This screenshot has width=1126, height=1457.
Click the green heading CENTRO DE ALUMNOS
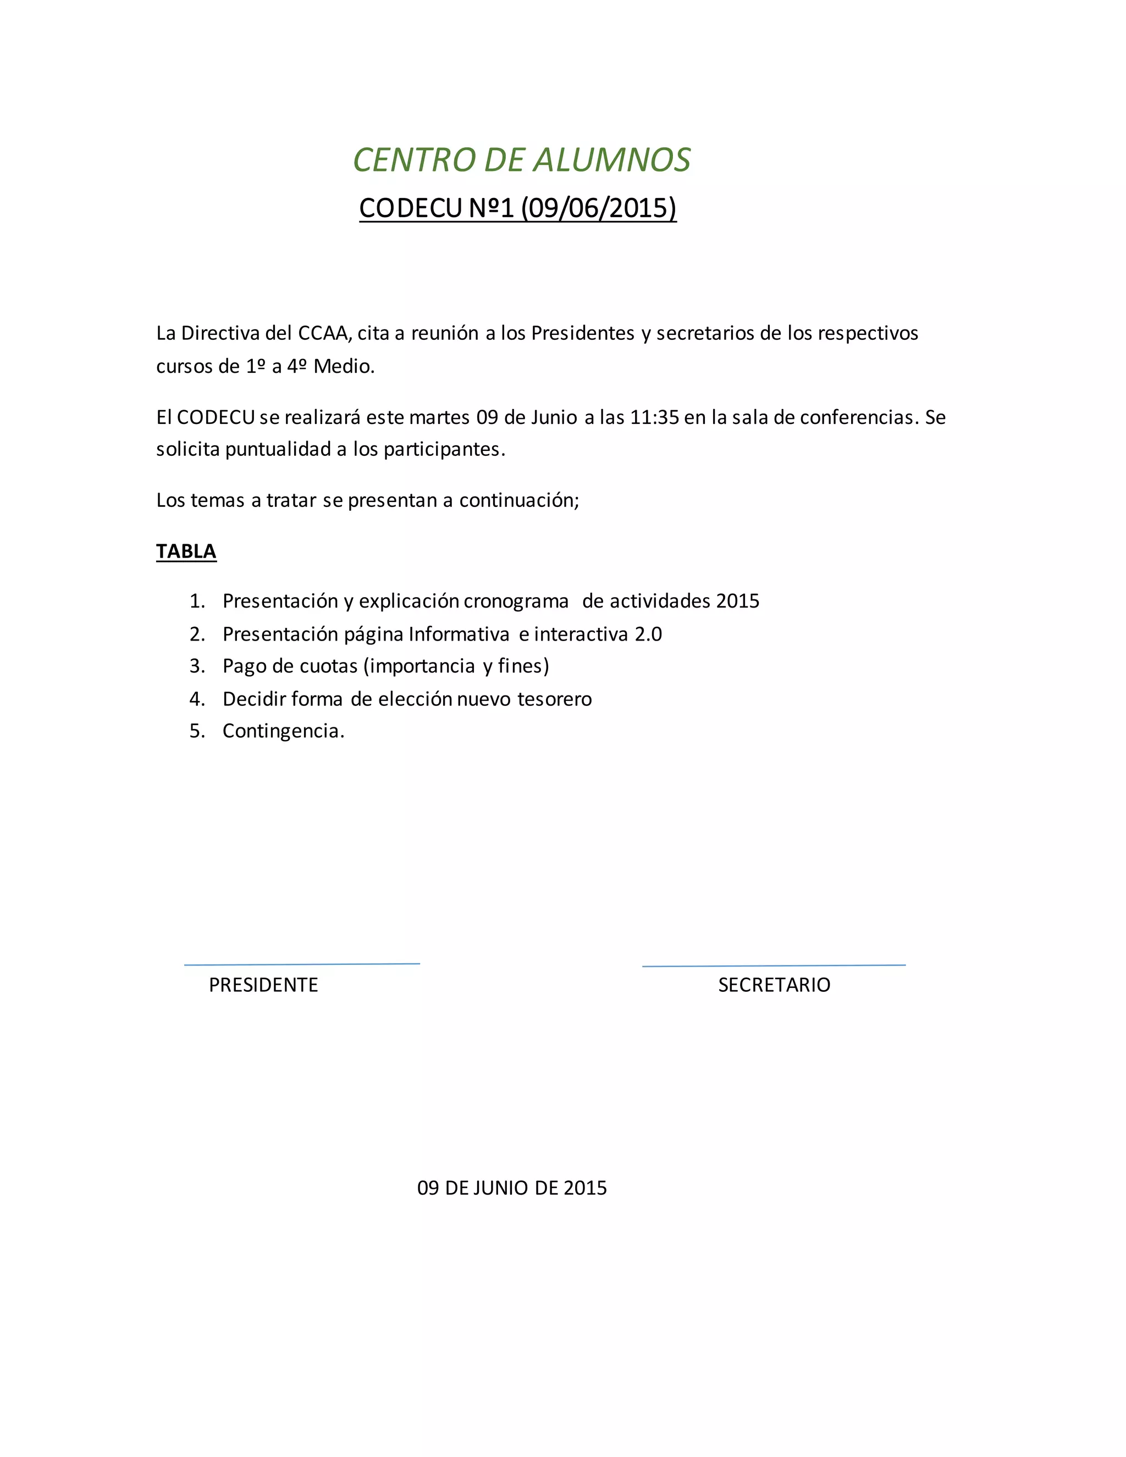[522, 160]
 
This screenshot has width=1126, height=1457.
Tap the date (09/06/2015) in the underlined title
[598, 208]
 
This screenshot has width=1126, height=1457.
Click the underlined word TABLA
[186, 551]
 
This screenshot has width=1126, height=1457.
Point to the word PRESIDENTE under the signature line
[263, 985]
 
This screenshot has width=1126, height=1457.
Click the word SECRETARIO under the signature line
[774, 985]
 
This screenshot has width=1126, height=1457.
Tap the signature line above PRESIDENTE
[302, 964]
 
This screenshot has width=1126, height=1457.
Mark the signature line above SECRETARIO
[774, 965]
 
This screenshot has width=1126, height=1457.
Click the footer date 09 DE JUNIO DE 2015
[512, 1188]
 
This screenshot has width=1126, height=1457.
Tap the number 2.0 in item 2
[648, 634]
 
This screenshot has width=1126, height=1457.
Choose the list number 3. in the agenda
[197, 666]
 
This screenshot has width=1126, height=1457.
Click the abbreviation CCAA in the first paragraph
[324, 334]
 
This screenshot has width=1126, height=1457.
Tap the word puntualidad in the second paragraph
[278, 450]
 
